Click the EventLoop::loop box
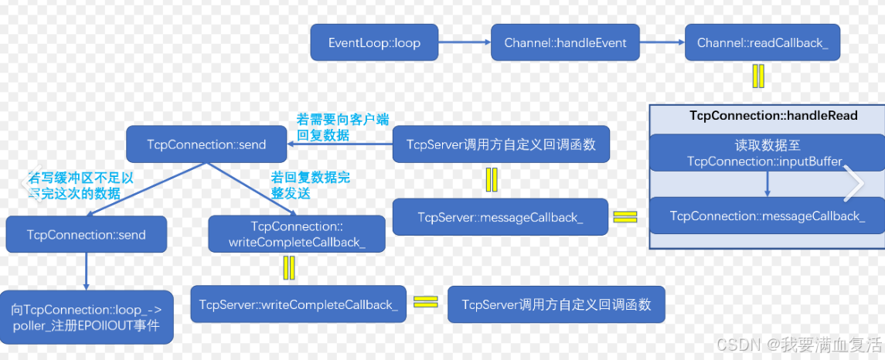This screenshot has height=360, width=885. pyautogui.click(x=374, y=42)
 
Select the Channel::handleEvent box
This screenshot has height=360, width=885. pyautogui.click(x=566, y=42)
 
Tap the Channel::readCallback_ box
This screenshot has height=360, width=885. pyautogui.click(x=762, y=42)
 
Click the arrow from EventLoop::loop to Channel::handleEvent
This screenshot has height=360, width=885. pyautogui.click(x=465, y=42)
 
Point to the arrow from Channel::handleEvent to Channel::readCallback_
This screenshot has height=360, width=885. pyautogui.click(x=662, y=42)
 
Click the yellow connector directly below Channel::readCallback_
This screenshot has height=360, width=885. pyautogui.click(x=758, y=76)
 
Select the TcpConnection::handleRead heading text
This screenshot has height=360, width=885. pyautogui.click(x=773, y=116)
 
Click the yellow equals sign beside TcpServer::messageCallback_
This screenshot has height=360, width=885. pyautogui.click(x=625, y=217)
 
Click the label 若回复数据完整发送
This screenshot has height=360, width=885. pyautogui.click(x=310, y=185)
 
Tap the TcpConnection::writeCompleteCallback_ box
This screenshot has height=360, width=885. pyautogui.click(x=297, y=234)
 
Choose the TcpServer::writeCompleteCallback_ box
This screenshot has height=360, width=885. pyautogui.click(x=298, y=304)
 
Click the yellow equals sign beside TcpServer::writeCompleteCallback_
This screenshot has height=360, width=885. pyautogui.click(x=425, y=302)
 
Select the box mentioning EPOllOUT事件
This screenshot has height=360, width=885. pyautogui.click(x=86, y=318)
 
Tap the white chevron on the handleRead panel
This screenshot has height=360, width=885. pyautogui.click(x=853, y=184)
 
